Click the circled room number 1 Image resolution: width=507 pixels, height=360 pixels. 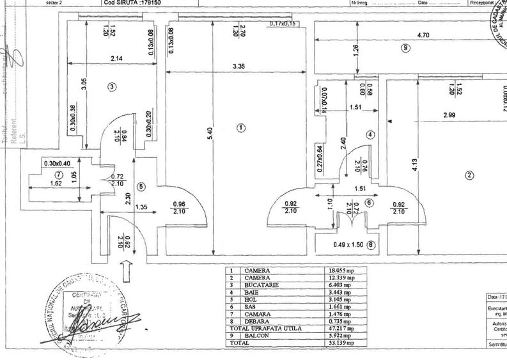coord(240,127)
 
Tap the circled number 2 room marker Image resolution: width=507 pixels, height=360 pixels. coord(469,176)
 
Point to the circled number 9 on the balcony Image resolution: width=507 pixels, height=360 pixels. coord(405,47)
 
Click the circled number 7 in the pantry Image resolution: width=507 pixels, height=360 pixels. coord(59,173)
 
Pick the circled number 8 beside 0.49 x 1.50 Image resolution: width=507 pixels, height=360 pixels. coord(371,243)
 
